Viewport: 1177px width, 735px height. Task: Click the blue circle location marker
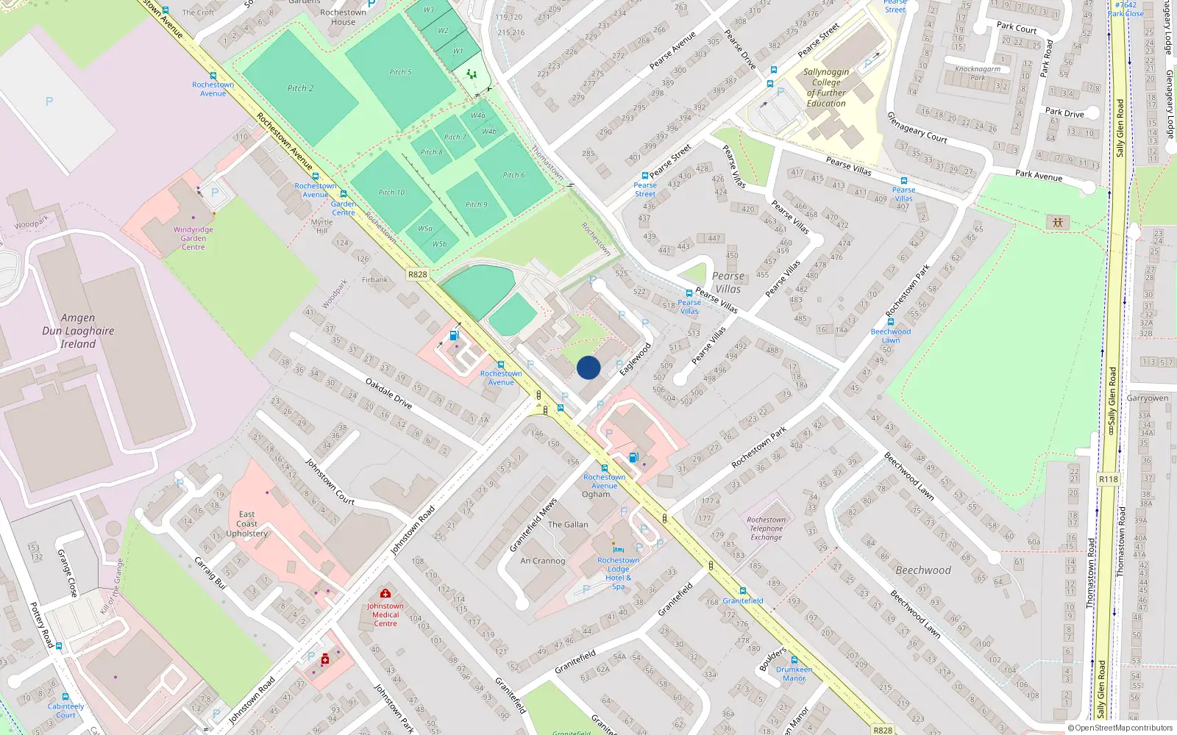tap(588, 367)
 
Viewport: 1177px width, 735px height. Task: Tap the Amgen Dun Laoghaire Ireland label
tap(78, 331)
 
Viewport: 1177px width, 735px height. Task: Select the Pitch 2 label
tap(300, 88)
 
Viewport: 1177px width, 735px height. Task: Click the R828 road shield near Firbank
tap(417, 274)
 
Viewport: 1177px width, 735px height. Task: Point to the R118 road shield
tap(1108, 479)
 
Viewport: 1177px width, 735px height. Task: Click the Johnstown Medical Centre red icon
tap(385, 593)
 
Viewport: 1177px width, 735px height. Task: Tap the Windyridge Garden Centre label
tap(193, 238)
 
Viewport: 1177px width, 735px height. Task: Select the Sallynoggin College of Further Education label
tap(826, 87)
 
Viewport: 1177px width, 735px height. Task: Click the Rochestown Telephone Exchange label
tap(766, 528)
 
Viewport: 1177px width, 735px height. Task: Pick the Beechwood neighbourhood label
tap(923, 570)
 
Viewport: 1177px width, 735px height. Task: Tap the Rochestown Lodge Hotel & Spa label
tap(618, 573)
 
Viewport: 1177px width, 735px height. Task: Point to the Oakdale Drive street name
tap(388, 394)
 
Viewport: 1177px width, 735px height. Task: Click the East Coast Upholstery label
tap(246, 524)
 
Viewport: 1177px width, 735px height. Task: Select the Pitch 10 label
tap(391, 193)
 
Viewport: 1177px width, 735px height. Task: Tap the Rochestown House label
tap(343, 17)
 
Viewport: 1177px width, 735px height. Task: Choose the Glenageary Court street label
tap(917, 128)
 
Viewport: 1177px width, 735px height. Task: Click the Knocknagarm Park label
tap(978, 73)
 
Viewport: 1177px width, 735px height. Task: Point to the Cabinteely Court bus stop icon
tap(65, 697)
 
